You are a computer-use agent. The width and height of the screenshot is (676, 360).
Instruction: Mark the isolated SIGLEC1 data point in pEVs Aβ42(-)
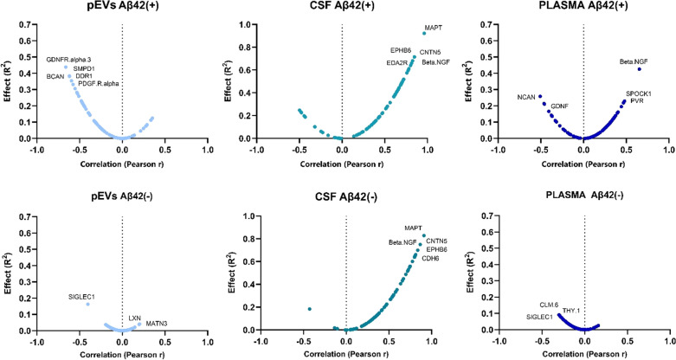[x=87, y=305]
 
